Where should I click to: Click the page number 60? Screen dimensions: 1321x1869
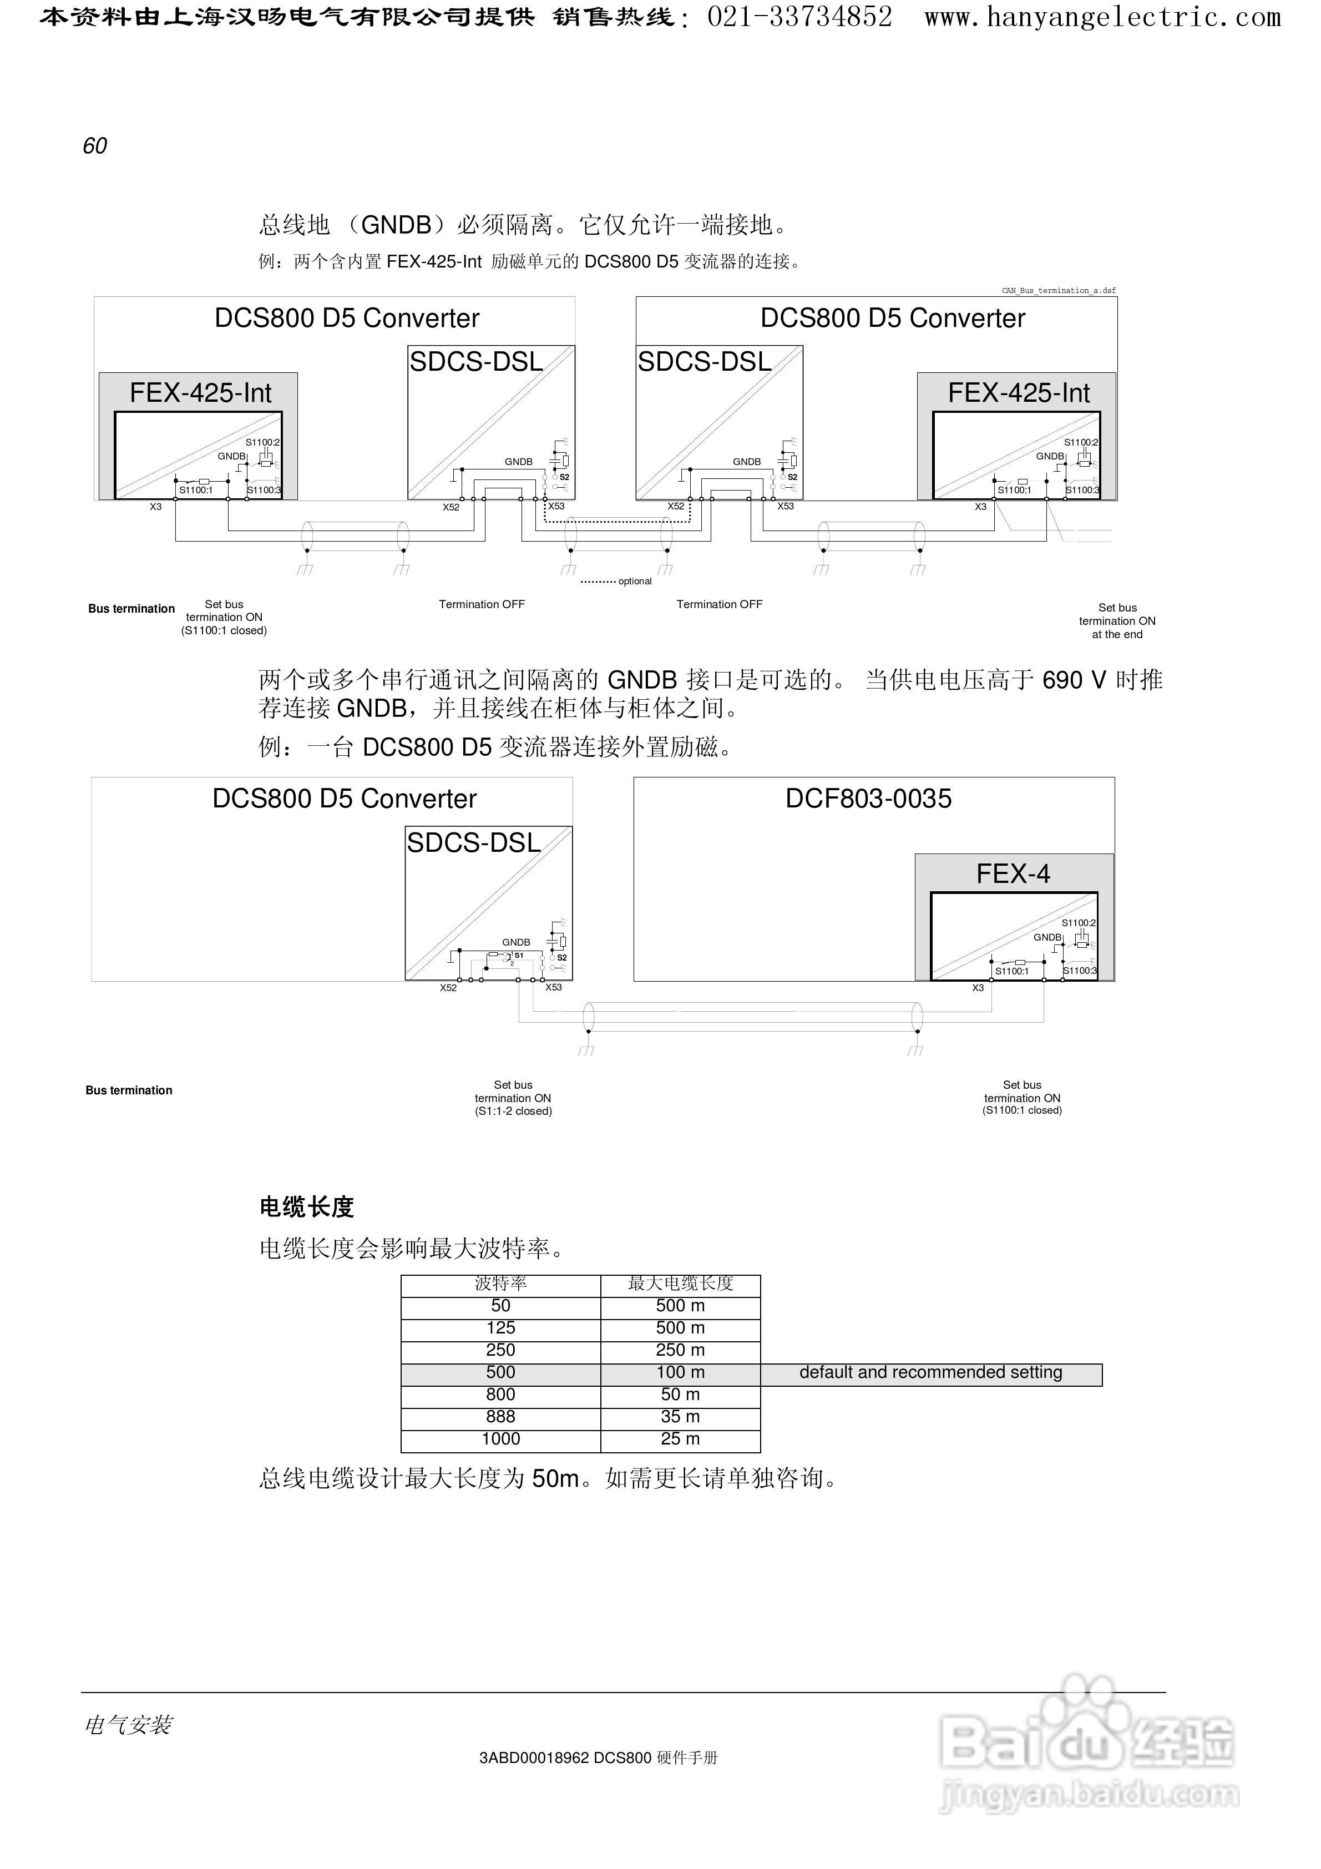pos(95,146)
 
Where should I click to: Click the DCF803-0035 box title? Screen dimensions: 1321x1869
pos(868,799)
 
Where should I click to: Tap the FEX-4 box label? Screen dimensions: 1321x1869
pos(1013,874)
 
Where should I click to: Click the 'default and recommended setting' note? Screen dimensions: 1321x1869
pos(930,1372)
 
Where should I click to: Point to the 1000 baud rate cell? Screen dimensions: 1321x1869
pos(500,1439)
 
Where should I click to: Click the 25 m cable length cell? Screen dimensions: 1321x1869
pos(680,1439)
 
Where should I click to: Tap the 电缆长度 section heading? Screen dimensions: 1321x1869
pos(307,1207)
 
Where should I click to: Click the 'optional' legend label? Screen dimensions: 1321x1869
pos(635,581)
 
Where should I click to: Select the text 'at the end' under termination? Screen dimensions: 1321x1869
pos(1117,635)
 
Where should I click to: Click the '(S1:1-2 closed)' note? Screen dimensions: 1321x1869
pos(514,1111)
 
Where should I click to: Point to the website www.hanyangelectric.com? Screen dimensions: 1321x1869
pos(1102,17)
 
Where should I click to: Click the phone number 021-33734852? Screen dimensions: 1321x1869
pos(799,17)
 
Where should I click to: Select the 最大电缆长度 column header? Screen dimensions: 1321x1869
pos(680,1284)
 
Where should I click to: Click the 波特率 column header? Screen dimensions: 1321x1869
pos(500,1284)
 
